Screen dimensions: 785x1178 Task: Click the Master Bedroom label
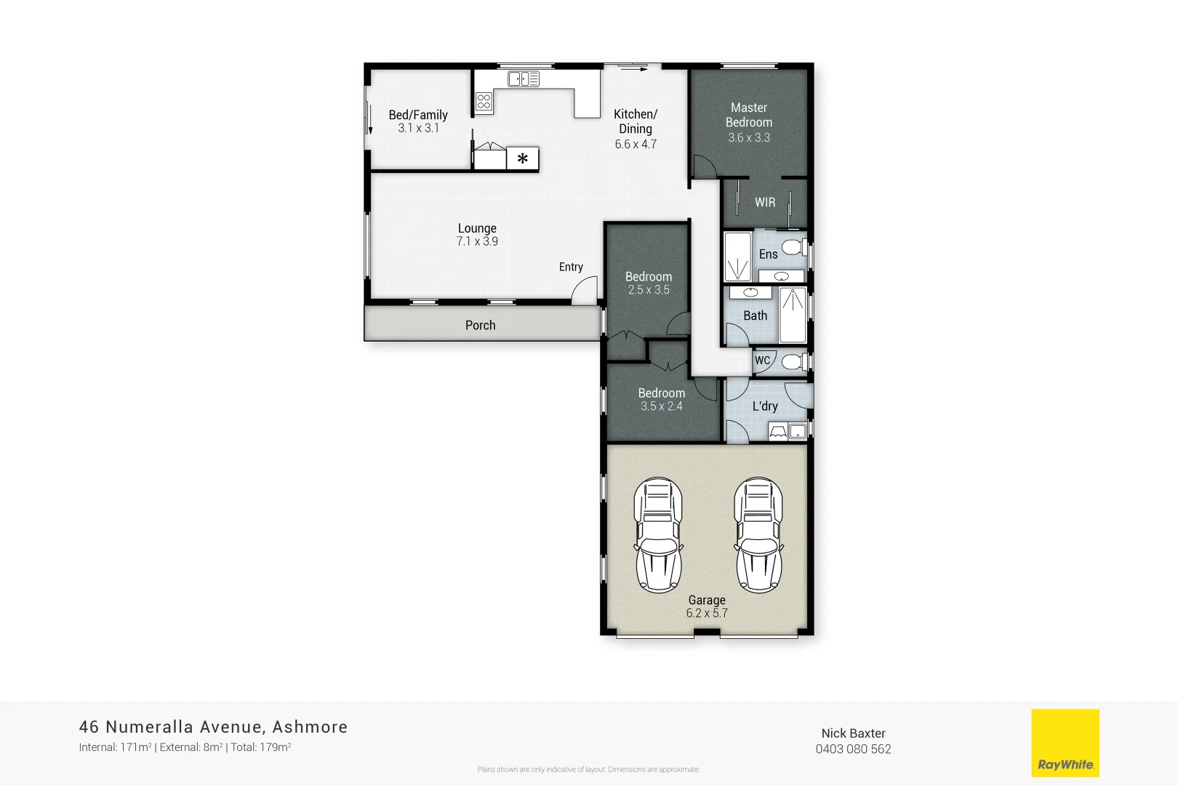(x=748, y=115)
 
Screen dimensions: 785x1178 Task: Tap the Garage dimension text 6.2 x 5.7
(x=706, y=613)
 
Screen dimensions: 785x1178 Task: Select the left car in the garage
(x=658, y=535)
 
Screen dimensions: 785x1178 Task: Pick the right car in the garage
(x=758, y=535)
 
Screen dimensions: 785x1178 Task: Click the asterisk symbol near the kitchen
(x=522, y=158)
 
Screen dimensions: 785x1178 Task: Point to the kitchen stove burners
(x=484, y=102)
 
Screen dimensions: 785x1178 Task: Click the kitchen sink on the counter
(x=523, y=78)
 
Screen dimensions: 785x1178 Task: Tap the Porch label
(x=480, y=326)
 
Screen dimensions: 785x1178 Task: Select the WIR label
(x=764, y=203)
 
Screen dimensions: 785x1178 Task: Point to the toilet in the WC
(x=793, y=361)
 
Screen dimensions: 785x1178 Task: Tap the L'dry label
(x=764, y=406)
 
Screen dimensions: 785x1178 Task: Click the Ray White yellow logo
(x=1065, y=743)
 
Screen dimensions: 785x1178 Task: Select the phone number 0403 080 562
(x=853, y=749)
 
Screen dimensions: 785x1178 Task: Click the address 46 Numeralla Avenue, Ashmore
(x=213, y=727)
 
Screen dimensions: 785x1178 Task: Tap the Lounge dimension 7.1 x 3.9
(x=477, y=241)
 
